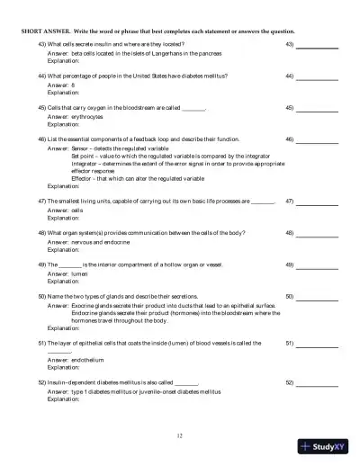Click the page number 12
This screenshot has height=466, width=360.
tap(180, 436)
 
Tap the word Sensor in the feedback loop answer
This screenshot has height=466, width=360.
tap(80, 149)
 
